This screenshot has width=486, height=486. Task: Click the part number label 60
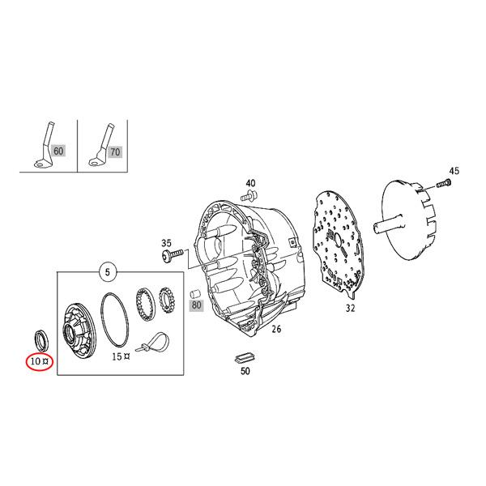pyautogui.click(x=58, y=151)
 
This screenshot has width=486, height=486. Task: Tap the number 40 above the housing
pyautogui.click(x=251, y=183)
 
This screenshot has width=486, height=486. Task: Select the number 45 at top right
pyautogui.click(x=454, y=170)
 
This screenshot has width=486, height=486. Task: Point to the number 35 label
pyautogui.click(x=167, y=242)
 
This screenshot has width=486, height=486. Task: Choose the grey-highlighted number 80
pyautogui.click(x=196, y=306)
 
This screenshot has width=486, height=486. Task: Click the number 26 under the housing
pyautogui.click(x=276, y=330)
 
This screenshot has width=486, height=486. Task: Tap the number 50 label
pyautogui.click(x=245, y=372)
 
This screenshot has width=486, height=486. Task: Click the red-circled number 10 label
pyautogui.click(x=37, y=362)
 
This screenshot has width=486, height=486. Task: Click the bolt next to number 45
pyautogui.click(x=442, y=185)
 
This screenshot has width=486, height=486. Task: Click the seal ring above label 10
pyautogui.click(x=38, y=335)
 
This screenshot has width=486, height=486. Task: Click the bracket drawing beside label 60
pyautogui.click(x=41, y=147)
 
